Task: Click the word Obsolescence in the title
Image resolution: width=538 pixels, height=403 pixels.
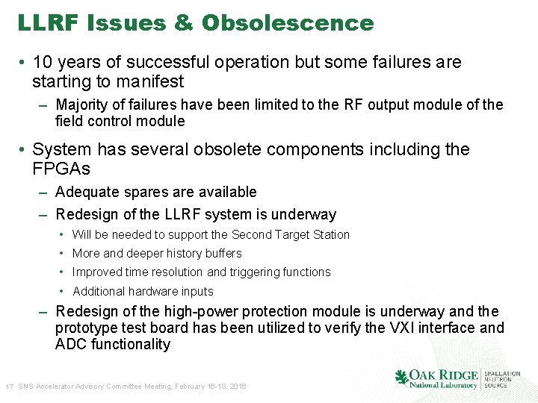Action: tap(287, 23)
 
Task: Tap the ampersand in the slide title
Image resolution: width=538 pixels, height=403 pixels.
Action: tap(183, 23)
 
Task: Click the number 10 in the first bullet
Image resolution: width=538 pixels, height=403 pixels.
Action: tap(43, 62)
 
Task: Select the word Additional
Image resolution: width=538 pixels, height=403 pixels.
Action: tap(99, 291)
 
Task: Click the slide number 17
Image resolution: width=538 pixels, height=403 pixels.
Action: tap(10, 387)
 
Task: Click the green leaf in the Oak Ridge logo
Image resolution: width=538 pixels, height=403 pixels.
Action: tap(401, 378)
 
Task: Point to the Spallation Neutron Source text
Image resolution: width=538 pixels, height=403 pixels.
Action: tap(501, 379)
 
